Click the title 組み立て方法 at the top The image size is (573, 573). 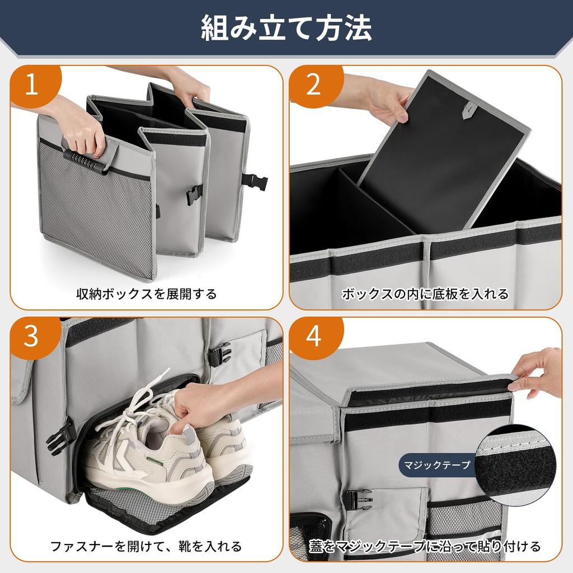(x=286, y=28)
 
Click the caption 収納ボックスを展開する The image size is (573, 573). (x=147, y=294)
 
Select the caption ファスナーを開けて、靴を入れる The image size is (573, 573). (x=147, y=546)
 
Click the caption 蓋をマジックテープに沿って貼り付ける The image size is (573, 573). (x=425, y=546)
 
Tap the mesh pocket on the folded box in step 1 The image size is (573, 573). (x=95, y=218)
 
